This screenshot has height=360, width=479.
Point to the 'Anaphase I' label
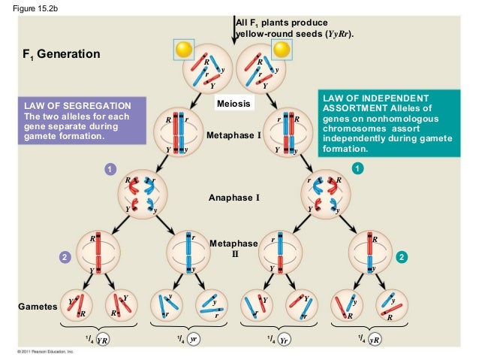[233, 198]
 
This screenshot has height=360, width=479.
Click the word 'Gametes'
[36, 307]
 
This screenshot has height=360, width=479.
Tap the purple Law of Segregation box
[72, 120]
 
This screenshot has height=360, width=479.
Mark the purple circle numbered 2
[65, 257]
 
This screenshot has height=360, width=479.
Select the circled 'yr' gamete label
[193, 340]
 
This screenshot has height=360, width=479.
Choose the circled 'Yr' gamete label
[283, 340]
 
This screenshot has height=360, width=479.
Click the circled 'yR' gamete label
[375, 340]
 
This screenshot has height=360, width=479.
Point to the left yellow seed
[184, 49]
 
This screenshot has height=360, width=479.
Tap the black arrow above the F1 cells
[233, 23]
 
